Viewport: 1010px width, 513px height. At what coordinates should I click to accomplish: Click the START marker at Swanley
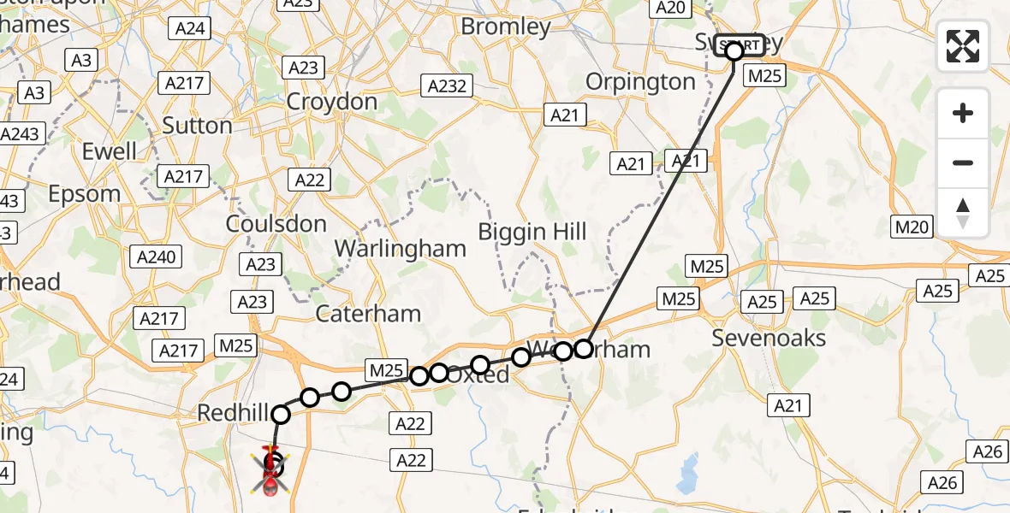(x=740, y=45)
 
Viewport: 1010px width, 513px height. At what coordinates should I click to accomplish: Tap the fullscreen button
(x=963, y=46)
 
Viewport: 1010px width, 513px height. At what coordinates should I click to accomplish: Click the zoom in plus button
(x=963, y=113)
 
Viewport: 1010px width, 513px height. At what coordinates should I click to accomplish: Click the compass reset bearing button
(x=963, y=213)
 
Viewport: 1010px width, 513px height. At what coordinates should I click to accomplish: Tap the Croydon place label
(x=331, y=102)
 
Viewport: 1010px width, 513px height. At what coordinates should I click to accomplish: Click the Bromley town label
(x=505, y=27)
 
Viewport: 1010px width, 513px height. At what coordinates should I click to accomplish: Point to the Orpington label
(x=640, y=82)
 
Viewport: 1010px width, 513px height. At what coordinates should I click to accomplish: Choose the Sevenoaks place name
(x=769, y=339)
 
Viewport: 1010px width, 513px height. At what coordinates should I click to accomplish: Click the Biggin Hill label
(x=532, y=232)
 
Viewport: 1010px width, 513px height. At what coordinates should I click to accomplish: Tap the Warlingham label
(x=400, y=249)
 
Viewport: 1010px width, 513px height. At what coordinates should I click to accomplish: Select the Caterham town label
(x=368, y=314)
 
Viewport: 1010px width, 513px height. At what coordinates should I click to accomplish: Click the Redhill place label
(x=234, y=413)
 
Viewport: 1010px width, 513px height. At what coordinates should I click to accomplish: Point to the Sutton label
(x=197, y=126)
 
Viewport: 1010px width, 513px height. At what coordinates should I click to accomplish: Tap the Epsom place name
(x=84, y=194)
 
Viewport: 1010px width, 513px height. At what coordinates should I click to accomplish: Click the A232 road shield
(x=447, y=85)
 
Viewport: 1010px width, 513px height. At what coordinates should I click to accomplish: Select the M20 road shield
(x=913, y=227)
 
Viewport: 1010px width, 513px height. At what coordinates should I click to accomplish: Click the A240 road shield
(x=156, y=256)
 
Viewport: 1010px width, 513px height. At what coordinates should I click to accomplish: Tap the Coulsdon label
(x=276, y=224)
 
